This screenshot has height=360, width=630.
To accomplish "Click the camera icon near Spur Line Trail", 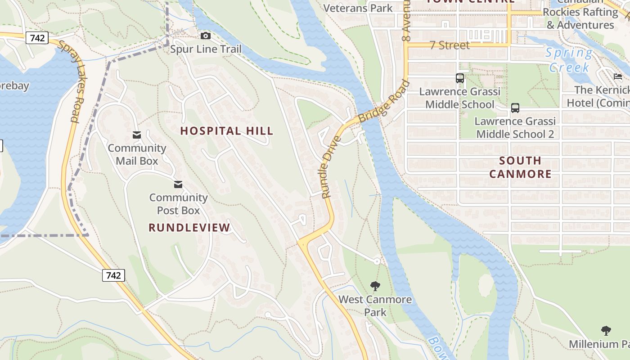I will tap(206, 36).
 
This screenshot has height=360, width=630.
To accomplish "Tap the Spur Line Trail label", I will tap(206, 49).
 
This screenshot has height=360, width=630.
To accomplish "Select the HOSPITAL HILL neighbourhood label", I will tap(227, 131).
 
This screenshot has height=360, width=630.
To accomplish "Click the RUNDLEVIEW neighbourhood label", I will tap(189, 228).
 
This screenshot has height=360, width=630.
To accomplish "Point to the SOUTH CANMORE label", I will tap(520, 167).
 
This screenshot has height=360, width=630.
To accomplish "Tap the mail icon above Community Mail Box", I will tap(137, 135).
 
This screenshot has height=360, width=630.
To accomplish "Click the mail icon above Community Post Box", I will tap(178, 184).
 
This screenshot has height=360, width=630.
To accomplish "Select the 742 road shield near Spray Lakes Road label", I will tap(37, 38).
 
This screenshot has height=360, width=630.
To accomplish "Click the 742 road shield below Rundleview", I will tap(113, 275).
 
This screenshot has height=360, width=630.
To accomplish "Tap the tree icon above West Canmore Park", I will tap(375, 286).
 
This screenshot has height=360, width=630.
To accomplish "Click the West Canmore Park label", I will tap(375, 306).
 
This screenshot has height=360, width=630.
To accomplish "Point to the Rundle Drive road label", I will tap(332, 167).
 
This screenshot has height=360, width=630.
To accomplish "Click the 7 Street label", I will tap(450, 45).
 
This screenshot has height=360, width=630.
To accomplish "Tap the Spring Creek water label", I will tap(569, 60).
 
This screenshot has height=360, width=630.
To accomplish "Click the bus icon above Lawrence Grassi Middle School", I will tap(459, 78).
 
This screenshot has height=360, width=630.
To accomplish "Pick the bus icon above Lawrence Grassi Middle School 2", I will tap(515, 108).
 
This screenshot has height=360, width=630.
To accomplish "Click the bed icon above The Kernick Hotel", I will tap(617, 76).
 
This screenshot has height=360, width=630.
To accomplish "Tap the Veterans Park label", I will tap(358, 8).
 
